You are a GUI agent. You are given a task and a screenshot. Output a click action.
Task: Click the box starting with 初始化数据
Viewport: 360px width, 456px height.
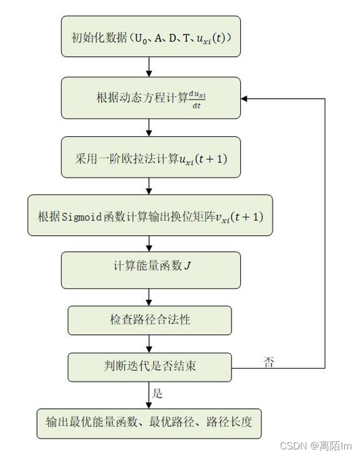click(x=150, y=37)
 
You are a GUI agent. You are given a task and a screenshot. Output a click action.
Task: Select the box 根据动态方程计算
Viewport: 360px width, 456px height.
click(x=150, y=98)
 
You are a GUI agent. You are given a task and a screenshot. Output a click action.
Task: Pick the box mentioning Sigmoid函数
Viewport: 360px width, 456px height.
click(x=150, y=215)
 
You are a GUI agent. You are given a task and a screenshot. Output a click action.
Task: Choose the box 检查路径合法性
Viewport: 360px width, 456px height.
click(x=150, y=320)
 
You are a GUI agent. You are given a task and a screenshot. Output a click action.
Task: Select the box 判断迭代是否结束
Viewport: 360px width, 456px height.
click(x=150, y=367)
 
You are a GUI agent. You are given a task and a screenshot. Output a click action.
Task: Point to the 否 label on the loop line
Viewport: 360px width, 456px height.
click(x=268, y=362)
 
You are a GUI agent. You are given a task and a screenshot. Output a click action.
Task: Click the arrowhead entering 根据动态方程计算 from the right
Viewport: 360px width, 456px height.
click(x=245, y=99)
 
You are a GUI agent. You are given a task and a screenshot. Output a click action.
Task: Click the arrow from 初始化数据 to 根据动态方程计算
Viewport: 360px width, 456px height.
click(x=149, y=66)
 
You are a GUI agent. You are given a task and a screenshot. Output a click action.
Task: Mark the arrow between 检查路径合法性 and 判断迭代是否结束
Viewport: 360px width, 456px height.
click(x=149, y=343)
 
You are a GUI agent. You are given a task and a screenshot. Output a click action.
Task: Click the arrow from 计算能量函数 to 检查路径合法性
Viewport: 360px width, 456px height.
click(x=149, y=297)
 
